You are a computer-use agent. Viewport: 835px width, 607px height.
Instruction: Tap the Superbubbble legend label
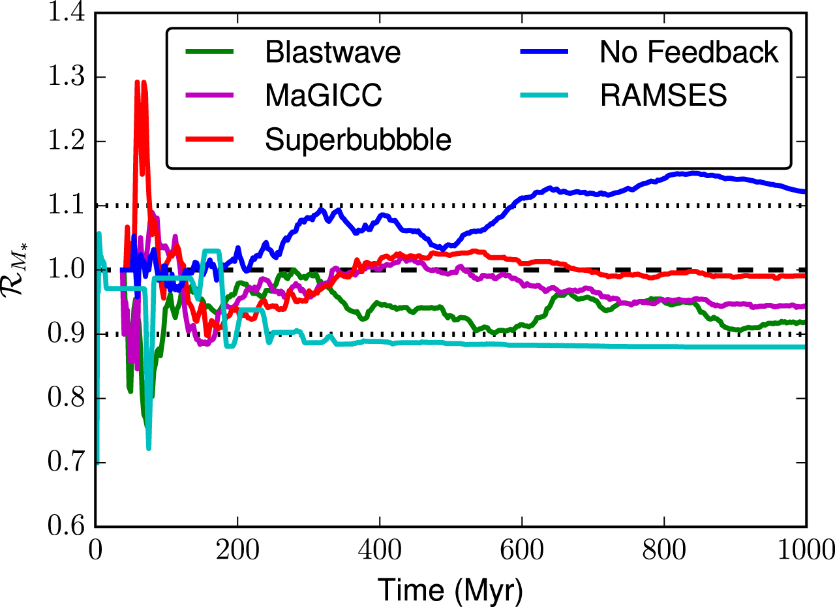point(358,140)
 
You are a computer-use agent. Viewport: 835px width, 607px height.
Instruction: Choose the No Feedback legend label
point(689,53)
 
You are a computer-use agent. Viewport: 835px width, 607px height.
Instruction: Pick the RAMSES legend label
point(663,96)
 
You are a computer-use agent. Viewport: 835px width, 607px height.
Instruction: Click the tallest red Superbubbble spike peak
point(137,82)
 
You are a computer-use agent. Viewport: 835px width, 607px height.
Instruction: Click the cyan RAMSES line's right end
point(806,347)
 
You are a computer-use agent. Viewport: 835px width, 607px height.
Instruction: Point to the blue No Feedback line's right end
point(806,191)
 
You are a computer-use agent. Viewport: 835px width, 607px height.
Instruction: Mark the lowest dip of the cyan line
point(149,448)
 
